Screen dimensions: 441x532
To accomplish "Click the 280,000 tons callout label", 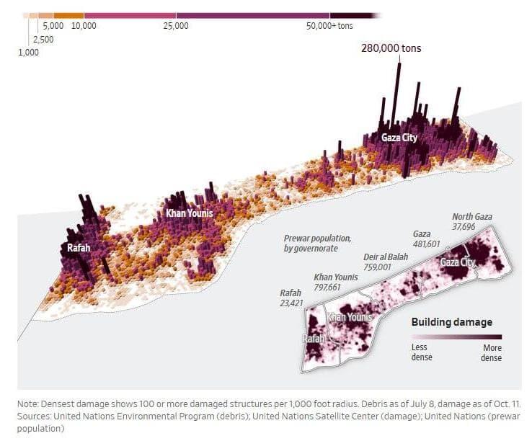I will point(391,48).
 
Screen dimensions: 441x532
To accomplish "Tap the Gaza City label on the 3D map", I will point(399,138).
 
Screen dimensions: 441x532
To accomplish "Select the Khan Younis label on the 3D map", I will point(189,213).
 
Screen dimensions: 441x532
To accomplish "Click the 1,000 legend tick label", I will point(28,53).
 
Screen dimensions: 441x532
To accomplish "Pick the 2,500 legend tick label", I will point(43,40).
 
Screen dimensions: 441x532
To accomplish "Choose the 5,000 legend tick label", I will point(53,26).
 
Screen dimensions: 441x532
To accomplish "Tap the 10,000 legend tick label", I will point(84,26).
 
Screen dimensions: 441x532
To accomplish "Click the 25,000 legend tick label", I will point(176,26).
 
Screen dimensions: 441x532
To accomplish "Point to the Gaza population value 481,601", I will point(426,244).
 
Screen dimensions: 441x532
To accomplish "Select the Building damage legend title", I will point(451,321).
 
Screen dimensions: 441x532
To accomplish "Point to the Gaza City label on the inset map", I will point(458,263).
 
